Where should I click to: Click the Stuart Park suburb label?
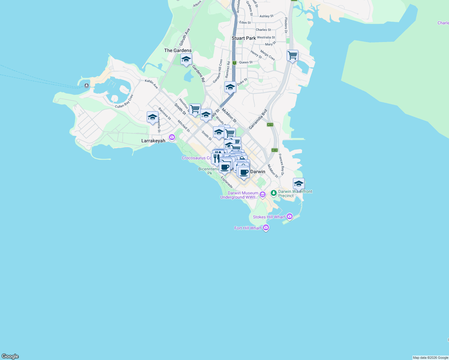click(x=244, y=38)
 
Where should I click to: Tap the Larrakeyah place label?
click(x=153, y=141)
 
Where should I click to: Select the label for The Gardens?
click(x=178, y=50)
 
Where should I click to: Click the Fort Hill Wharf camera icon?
click(x=266, y=228)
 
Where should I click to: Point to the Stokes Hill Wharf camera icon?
click(x=289, y=216)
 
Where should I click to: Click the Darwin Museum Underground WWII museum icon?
click(x=263, y=195)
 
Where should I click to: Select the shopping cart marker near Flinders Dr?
click(x=292, y=56)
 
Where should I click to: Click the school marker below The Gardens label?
click(x=186, y=59)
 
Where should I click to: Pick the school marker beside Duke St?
click(x=230, y=87)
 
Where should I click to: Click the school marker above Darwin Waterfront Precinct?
click(x=299, y=184)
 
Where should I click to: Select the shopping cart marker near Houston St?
click(x=195, y=109)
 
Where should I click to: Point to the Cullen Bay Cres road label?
click(x=124, y=102)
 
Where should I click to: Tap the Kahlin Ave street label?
click(x=151, y=84)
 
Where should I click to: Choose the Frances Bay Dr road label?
click(x=281, y=165)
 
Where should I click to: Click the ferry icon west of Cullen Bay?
click(x=87, y=85)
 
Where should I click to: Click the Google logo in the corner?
click(x=10, y=356)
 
